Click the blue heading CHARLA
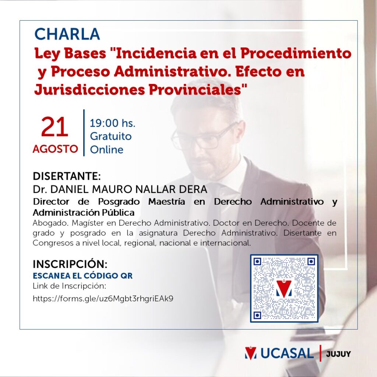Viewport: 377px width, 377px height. [67, 34]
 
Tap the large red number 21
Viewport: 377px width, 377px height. [54, 127]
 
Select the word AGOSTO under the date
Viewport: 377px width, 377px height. [55, 149]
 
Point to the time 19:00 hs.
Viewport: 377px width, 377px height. [113, 123]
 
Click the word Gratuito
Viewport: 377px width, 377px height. [111, 136]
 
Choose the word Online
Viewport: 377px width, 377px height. [106, 149]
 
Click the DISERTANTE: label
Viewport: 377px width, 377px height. [67, 176]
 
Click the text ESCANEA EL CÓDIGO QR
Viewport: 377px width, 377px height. [83, 275]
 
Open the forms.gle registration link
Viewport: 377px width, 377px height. [103, 298]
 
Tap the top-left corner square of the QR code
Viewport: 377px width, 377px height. [257, 261]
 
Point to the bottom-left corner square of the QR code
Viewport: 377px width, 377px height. [257, 315]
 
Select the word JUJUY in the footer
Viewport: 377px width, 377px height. [338, 354]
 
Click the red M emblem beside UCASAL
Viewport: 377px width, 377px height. [251, 353]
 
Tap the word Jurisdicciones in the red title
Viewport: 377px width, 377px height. [89, 90]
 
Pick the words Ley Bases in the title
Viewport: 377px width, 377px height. [70, 53]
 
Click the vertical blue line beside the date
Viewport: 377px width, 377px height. [84, 133]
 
